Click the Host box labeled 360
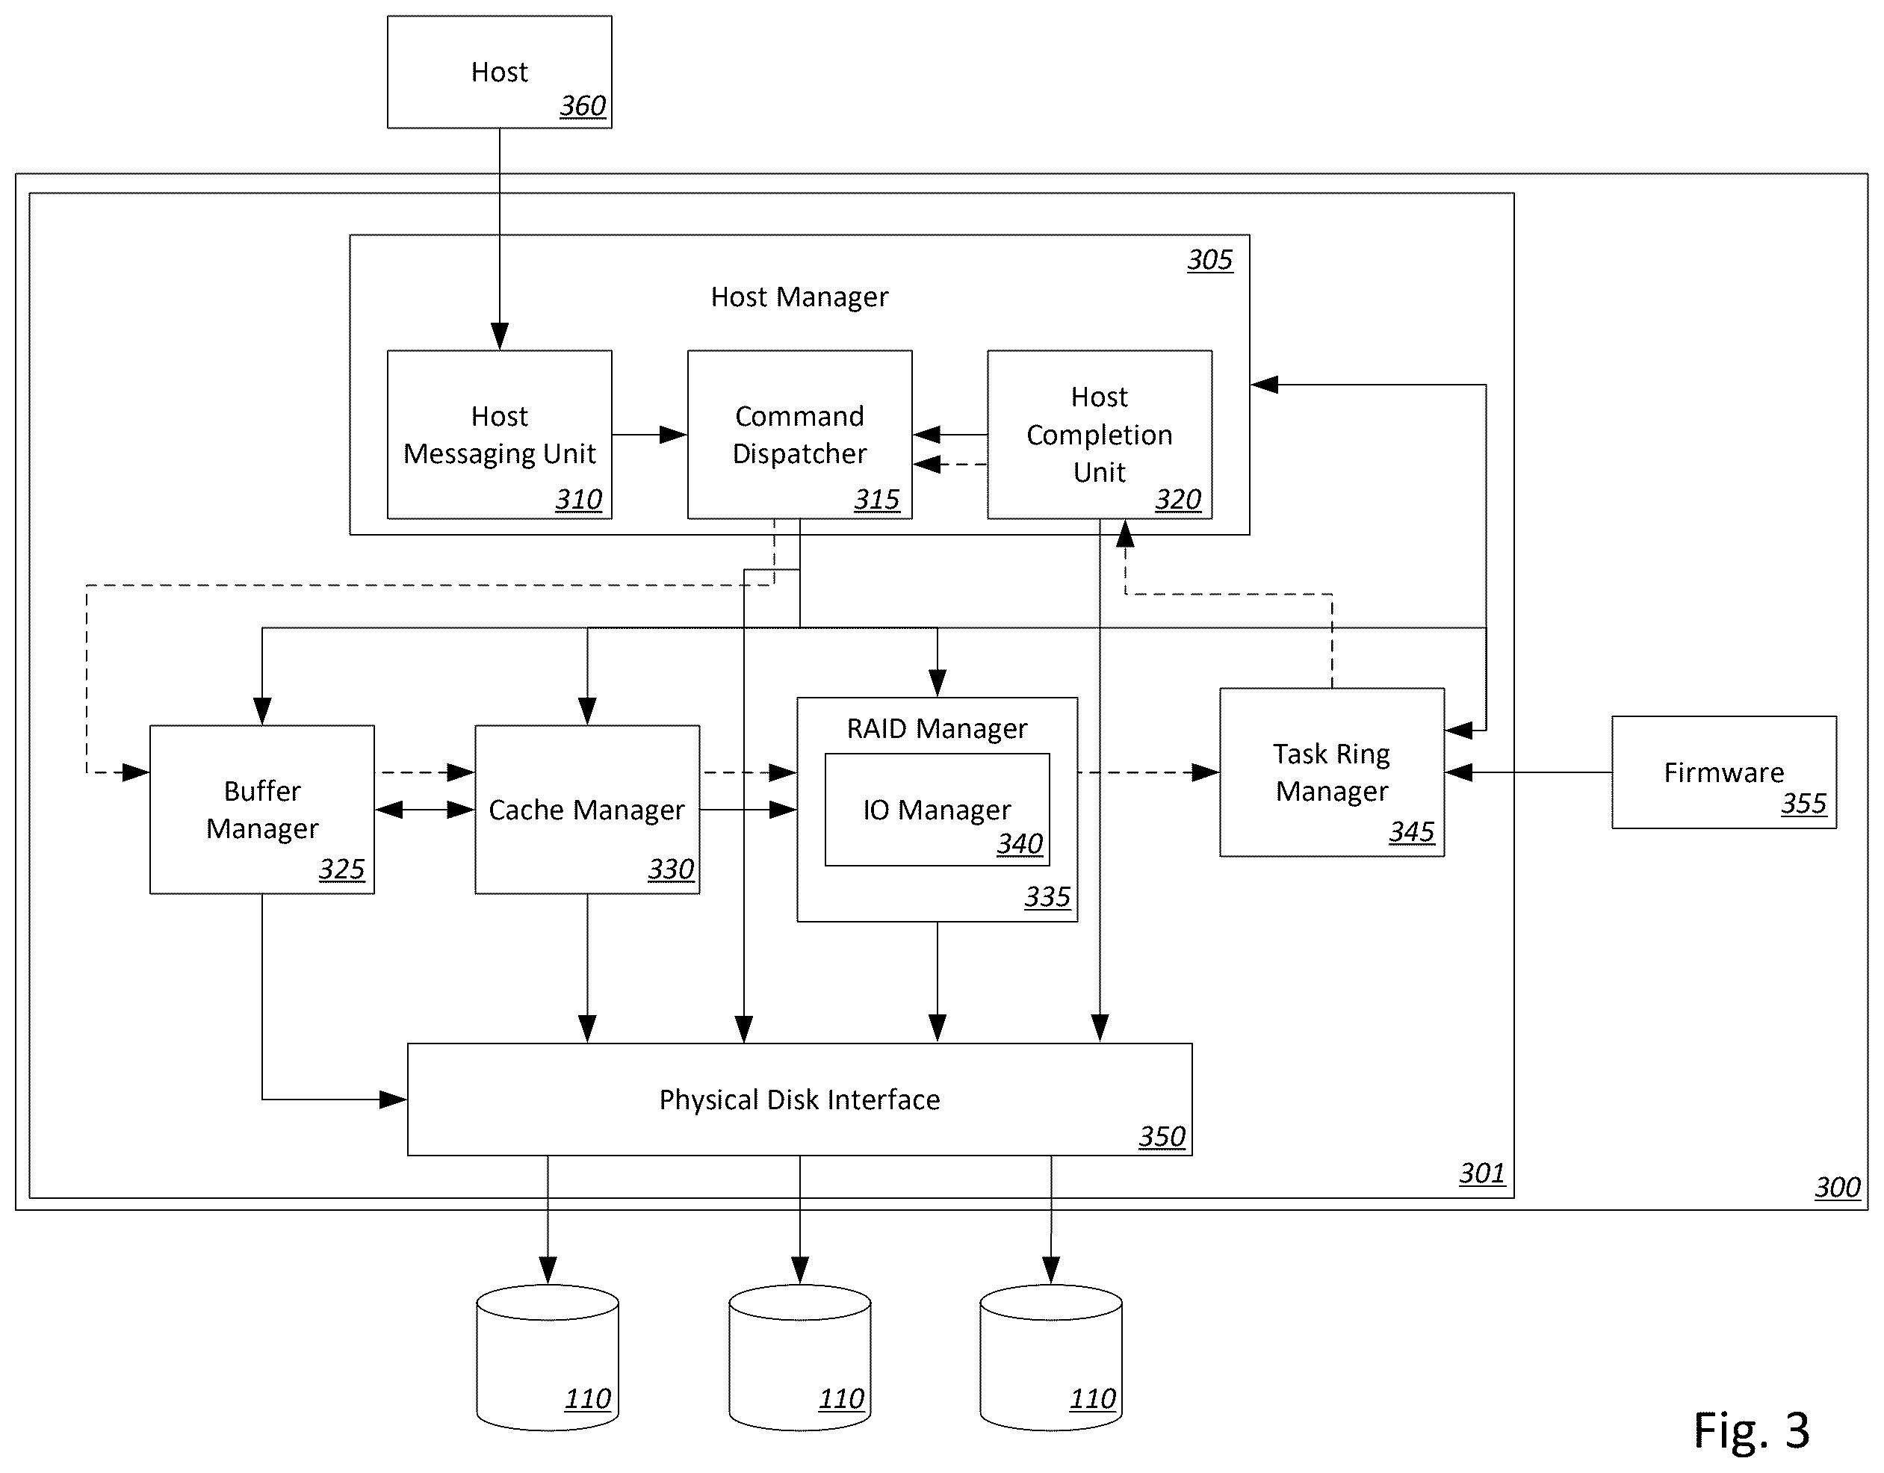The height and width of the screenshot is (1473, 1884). [500, 72]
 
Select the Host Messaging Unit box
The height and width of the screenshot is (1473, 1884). [500, 435]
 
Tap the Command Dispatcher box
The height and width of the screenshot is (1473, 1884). [799, 435]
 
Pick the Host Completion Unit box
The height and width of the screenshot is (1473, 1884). [1100, 435]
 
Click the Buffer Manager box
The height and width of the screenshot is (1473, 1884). [262, 810]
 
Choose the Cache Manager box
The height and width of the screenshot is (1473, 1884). [587, 810]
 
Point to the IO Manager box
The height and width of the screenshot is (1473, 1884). [938, 810]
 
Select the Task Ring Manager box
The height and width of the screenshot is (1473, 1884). [1332, 772]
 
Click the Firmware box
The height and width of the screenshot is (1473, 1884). [1724, 772]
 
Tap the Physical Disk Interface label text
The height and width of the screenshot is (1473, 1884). [799, 1100]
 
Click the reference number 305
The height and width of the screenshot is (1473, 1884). [1210, 260]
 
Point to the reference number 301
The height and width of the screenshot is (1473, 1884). [1482, 1173]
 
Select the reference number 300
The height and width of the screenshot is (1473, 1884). [1838, 1188]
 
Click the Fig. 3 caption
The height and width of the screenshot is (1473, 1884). [1751, 1430]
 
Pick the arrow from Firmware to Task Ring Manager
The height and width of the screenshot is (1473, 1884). [1528, 772]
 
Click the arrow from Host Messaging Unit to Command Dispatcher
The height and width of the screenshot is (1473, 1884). [650, 435]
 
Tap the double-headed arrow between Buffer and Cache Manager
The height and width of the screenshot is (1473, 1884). [425, 810]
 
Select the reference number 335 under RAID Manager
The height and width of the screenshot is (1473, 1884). [1047, 898]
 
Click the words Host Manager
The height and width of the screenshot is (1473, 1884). [799, 297]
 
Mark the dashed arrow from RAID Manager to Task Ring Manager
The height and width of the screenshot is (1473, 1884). [1149, 772]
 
